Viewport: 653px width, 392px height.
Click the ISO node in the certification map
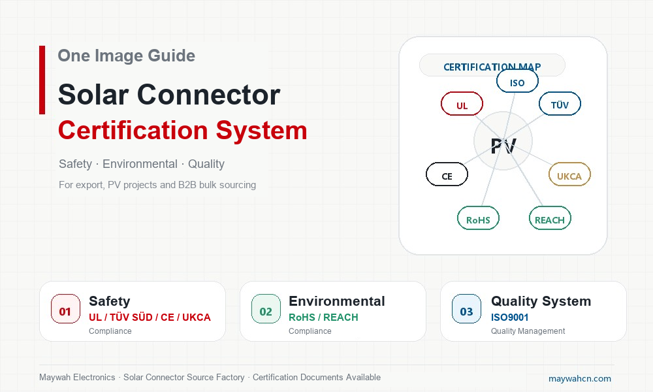517,81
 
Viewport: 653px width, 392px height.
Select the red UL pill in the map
462,104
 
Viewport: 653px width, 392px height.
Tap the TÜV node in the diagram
560,104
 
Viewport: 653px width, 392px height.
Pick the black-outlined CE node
447,174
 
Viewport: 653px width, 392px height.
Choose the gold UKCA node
569,174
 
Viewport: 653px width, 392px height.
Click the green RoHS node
478,218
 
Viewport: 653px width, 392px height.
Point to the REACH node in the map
550,218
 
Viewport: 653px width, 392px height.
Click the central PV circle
503,141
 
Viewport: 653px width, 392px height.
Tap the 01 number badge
65,309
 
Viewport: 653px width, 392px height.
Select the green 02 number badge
266,309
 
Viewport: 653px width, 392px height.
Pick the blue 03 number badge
466,309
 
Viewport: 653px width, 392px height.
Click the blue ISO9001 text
509,318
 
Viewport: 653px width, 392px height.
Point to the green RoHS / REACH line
323,318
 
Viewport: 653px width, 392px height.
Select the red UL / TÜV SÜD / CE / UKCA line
150,318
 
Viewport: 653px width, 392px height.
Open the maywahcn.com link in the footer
580,379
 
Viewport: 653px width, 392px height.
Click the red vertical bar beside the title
42,80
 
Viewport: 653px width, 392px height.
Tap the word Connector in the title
208,95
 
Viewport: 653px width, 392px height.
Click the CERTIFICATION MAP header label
492,67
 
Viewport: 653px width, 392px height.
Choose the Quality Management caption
528,331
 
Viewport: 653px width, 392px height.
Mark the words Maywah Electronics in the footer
77,378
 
